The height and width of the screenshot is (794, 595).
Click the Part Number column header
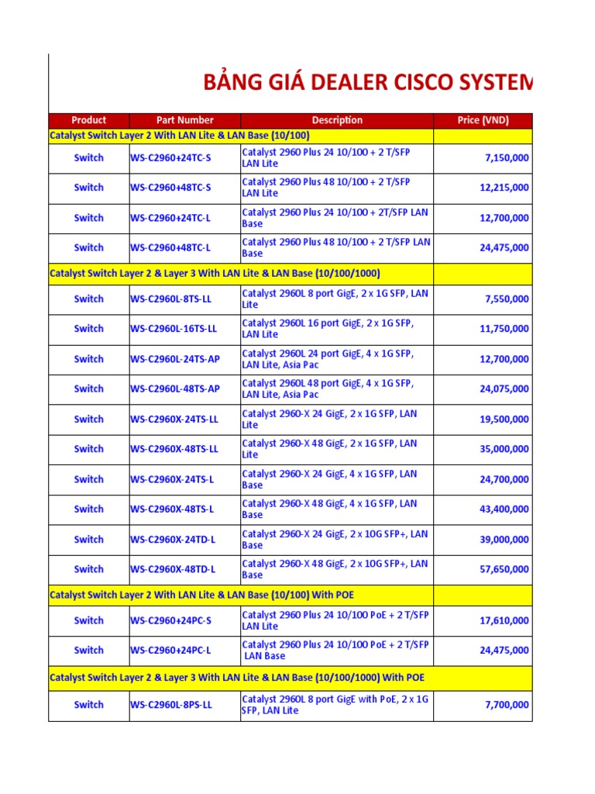[184, 120]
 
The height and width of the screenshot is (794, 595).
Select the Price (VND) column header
[483, 120]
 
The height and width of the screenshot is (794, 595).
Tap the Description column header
[337, 120]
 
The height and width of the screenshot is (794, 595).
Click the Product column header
[88, 120]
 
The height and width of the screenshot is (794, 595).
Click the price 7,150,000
[507, 158]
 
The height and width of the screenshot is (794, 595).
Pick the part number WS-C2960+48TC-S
[170, 188]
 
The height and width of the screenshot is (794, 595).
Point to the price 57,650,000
[504, 569]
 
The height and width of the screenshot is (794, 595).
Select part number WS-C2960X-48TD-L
[173, 569]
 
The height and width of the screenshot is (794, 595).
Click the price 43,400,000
[504, 509]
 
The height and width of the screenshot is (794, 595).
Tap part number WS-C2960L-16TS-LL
[174, 329]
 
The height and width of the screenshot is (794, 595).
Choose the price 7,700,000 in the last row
[507, 705]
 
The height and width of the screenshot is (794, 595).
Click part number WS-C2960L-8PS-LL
[170, 705]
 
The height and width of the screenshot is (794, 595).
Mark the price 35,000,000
[504, 449]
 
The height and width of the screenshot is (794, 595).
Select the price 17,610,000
[504, 620]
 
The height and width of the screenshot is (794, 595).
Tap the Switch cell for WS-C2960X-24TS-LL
[88, 419]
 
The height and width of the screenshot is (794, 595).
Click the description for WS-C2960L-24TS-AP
[328, 359]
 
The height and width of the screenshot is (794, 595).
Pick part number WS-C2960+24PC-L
[170, 651]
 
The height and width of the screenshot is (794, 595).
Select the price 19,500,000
[504, 419]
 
